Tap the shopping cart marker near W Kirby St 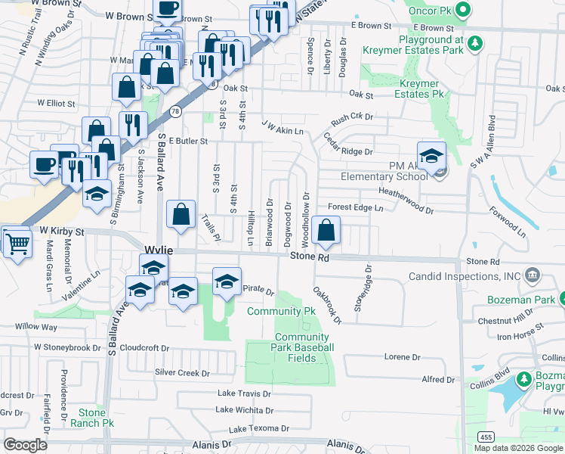point(16,243)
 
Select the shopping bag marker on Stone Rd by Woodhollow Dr point(326,231)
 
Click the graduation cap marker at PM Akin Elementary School point(431,157)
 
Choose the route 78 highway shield point(174,111)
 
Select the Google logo point(26,444)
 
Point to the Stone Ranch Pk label point(93,418)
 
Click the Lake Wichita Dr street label point(244,410)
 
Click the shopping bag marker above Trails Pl point(181,215)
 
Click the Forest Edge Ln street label point(355,207)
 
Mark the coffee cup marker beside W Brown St point(167,9)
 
